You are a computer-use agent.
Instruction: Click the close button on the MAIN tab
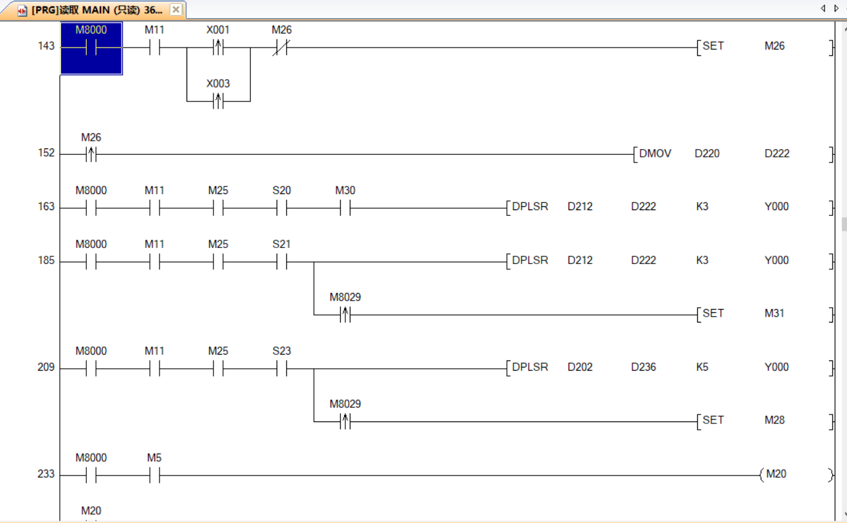click(x=176, y=10)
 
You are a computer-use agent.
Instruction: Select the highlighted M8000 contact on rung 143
click(x=91, y=48)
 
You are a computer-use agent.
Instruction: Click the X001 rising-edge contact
click(x=218, y=48)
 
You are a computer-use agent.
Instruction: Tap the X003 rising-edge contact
click(x=218, y=101)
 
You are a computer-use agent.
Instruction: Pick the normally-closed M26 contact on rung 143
click(x=280, y=48)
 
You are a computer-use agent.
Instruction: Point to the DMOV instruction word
click(x=655, y=154)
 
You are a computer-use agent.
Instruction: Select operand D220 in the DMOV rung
click(x=707, y=154)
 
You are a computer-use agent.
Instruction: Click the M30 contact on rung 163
click(x=345, y=208)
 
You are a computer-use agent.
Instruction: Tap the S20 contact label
click(x=281, y=191)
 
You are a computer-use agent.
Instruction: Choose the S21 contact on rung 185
click(x=281, y=261)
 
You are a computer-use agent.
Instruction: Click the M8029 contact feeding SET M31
click(x=345, y=315)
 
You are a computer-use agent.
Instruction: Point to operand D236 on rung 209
click(x=643, y=368)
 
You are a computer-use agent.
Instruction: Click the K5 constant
click(x=702, y=368)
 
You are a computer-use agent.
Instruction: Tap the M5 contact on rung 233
click(x=154, y=475)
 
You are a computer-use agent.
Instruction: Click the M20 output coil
click(x=776, y=475)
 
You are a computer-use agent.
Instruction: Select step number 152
click(x=46, y=154)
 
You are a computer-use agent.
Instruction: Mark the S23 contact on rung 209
click(x=281, y=368)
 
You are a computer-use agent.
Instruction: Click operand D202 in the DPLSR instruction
click(x=580, y=368)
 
